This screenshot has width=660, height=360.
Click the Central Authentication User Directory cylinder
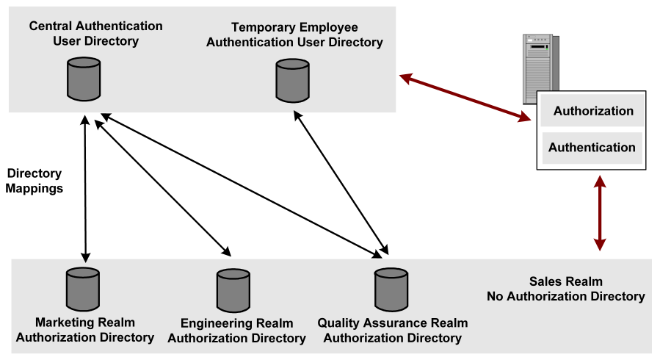pyautogui.click(x=84, y=79)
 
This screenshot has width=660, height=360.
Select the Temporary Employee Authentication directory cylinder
pyautogui.click(x=292, y=80)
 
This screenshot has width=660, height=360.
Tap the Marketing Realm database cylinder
pyautogui.click(x=82, y=289)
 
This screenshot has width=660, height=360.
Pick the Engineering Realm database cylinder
pyautogui.click(x=233, y=290)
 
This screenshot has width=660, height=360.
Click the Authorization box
pyautogui.click(x=592, y=112)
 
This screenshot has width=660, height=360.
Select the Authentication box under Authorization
pyautogui.click(x=592, y=147)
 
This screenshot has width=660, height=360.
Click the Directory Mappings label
pyautogui.click(x=35, y=181)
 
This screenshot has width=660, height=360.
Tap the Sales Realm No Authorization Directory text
pyautogui.click(x=565, y=289)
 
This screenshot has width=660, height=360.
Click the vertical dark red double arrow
pyautogui.click(x=601, y=214)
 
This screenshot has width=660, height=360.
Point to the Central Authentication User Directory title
pyautogui.click(x=95, y=34)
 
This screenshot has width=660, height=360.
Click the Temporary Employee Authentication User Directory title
pyautogui.click(x=294, y=35)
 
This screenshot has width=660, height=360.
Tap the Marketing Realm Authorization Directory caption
pyautogui.click(x=84, y=330)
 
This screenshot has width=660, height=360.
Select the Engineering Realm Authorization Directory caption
pyautogui.click(x=236, y=331)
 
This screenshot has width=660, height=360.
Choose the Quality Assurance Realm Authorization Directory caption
pyautogui.click(x=392, y=331)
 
